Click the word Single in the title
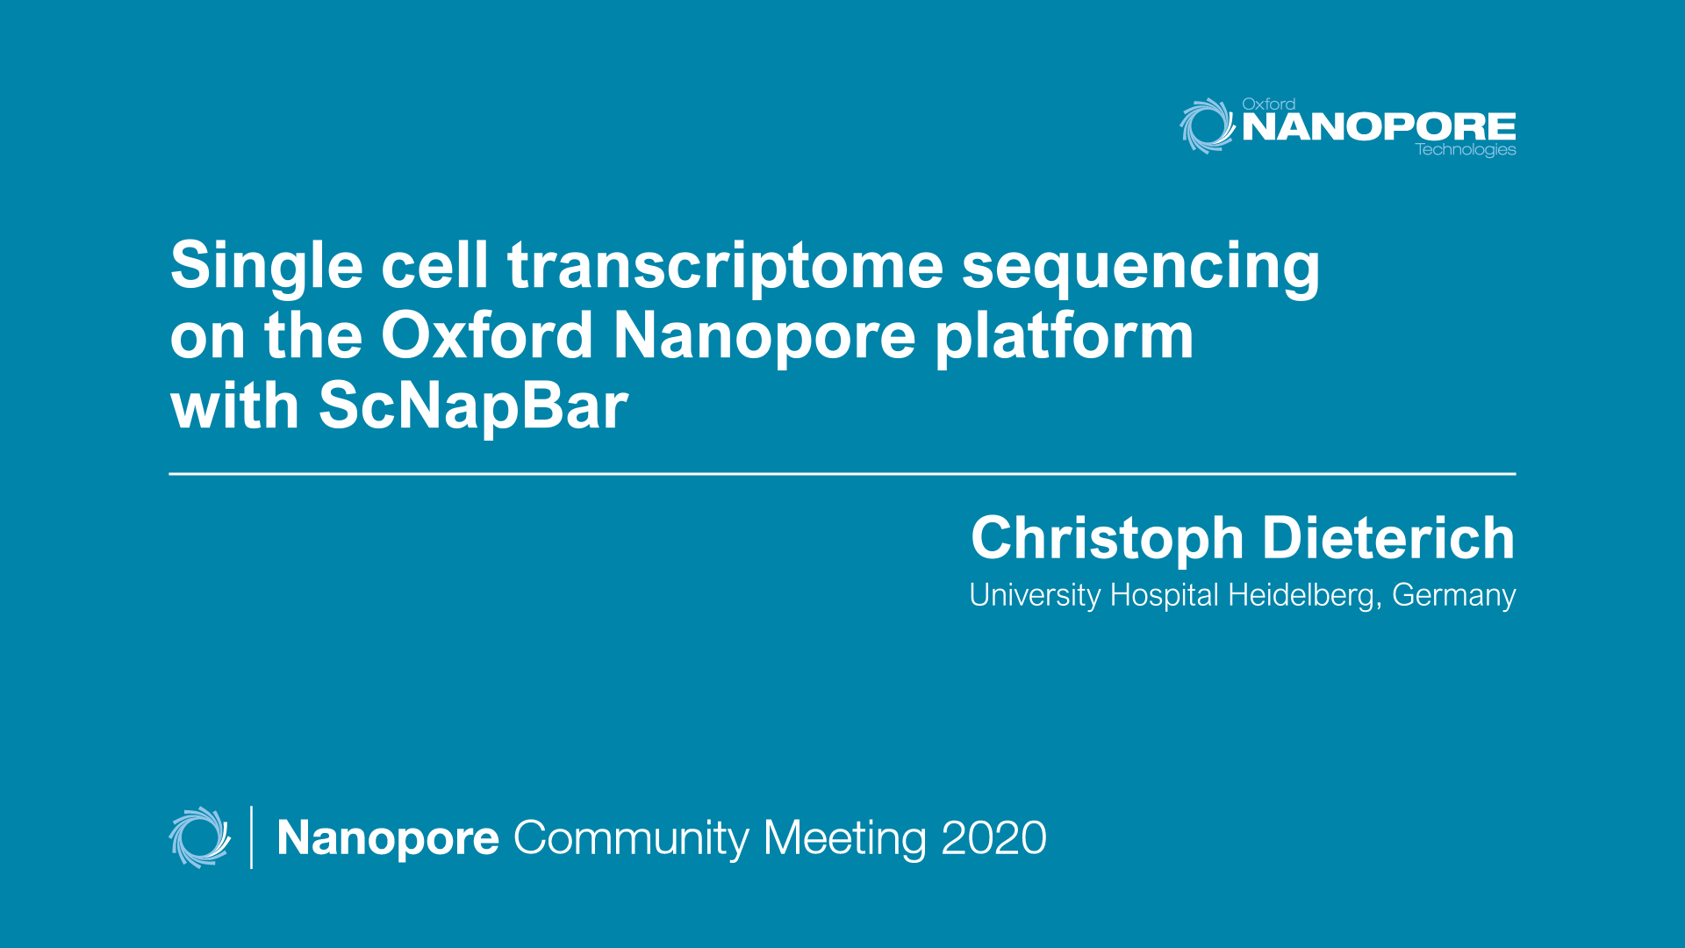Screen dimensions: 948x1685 pyautogui.click(x=266, y=266)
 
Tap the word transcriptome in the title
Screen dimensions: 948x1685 pyautogui.click(x=725, y=266)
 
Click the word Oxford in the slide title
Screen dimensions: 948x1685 pyautogui.click(x=487, y=336)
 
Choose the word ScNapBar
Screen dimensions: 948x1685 pyautogui.click(x=473, y=406)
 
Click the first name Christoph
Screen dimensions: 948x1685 pyautogui.click(x=1107, y=539)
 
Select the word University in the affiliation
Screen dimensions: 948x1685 pyautogui.click(x=1035, y=596)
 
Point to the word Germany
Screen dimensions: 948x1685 pyautogui.click(x=1453, y=596)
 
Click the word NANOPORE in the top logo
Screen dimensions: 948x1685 pyautogui.click(x=1379, y=127)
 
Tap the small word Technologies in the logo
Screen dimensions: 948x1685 pyautogui.click(x=1466, y=150)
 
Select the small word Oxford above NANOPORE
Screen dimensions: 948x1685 pyautogui.click(x=1268, y=104)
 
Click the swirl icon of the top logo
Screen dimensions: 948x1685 pyautogui.click(x=1207, y=126)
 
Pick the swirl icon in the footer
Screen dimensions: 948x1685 pyautogui.click(x=199, y=837)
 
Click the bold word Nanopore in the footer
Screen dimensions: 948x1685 pyautogui.click(x=388, y=838)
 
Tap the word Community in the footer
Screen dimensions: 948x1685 pyautogui.click(x=631, y=838)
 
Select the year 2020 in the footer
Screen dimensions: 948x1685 pyautogui.click(x=993, y=838)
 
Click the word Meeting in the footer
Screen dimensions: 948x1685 pyautogui.click(x=845, y=838)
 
